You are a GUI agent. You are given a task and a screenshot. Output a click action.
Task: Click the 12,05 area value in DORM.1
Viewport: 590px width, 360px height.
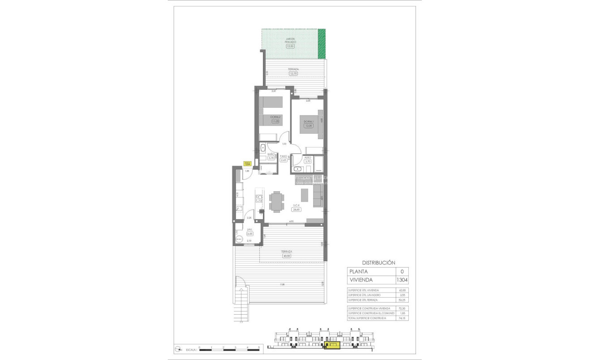coord(308,126)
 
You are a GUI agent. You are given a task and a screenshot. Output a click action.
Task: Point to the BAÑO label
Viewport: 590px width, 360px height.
coord(271,154)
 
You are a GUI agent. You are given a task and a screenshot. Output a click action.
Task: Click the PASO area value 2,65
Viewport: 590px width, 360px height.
coord(284,160)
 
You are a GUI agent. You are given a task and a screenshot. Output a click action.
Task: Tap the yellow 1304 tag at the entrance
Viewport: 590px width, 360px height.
coord(247,164)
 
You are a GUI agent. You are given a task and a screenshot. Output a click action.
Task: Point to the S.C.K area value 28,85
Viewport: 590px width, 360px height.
coord(296,209)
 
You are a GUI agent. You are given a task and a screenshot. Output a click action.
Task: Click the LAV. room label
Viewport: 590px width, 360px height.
coord(250,229)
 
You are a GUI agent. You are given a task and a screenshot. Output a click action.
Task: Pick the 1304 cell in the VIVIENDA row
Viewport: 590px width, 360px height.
coord(402,280)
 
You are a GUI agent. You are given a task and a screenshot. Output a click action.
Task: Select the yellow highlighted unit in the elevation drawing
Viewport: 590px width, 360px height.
coord(332,345)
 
